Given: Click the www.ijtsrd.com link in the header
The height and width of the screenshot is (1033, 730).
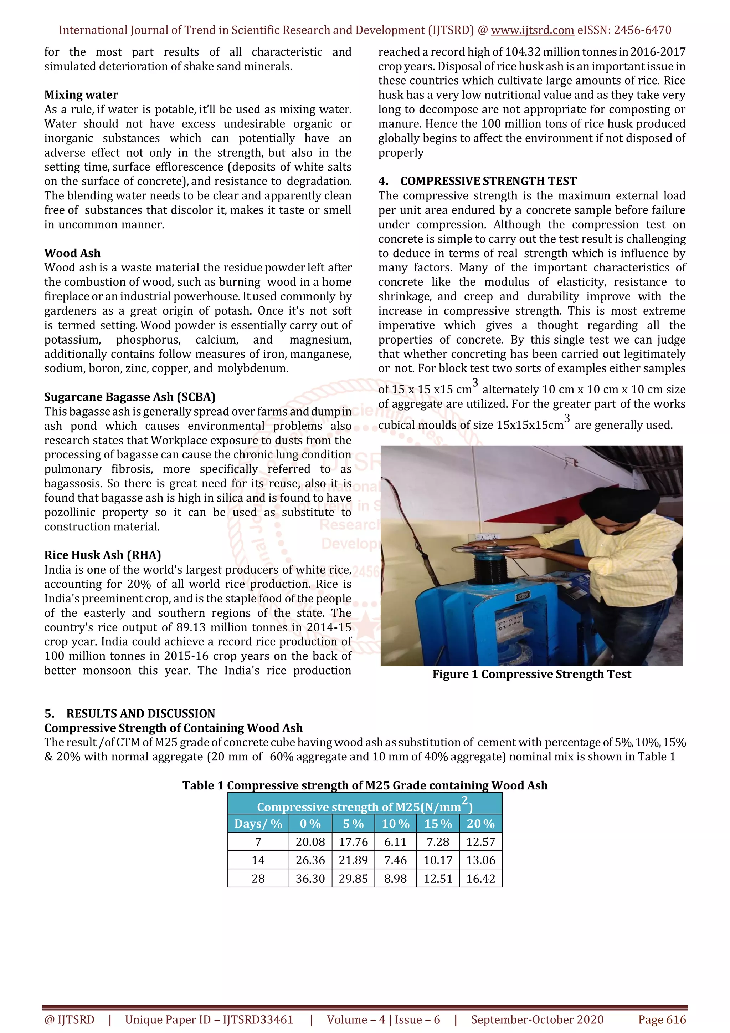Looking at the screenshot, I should [x=532, y=30].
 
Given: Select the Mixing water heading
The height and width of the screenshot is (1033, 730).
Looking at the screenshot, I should [x=81, y=95].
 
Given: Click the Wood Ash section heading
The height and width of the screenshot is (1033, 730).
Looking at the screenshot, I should [x=72, y=253].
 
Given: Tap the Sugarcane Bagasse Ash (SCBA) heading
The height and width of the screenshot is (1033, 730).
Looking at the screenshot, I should [x=129, y=397].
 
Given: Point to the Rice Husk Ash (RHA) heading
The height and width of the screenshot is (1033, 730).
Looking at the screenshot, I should [x=103, y=555].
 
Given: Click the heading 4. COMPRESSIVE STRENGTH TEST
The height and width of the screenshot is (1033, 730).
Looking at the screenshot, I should [x=477, y=181].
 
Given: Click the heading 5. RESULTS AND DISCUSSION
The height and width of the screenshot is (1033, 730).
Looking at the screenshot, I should [x=129, y=713].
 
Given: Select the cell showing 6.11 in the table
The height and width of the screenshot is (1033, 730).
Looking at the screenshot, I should [x=395, y=842].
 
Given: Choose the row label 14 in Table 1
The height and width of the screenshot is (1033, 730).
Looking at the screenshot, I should [x=258, y=860].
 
